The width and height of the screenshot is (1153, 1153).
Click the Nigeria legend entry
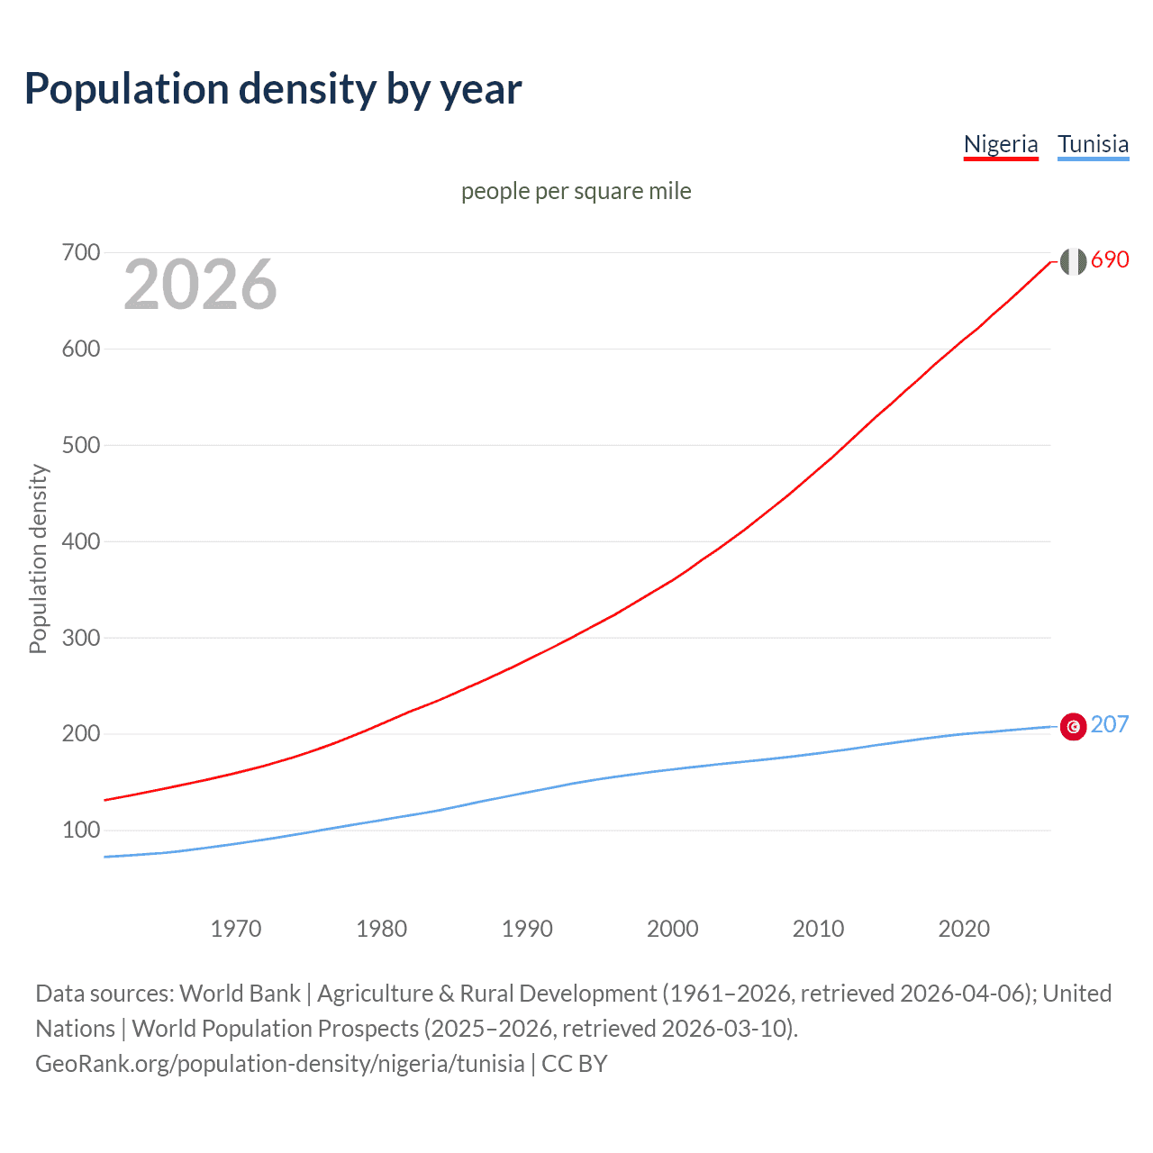tap(1001, 144)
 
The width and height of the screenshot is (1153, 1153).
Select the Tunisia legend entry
tap(1093, 144)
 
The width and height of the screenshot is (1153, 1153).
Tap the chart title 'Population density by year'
tap(273, 89)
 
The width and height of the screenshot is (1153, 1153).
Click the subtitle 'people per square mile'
tap(576, 191)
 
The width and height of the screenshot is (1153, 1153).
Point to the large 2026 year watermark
tap(200, 285)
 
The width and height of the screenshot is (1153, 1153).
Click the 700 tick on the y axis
tap(80, 252)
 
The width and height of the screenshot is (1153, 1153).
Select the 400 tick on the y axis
tap(80, 541)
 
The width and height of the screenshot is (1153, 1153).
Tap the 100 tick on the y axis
tap(80, 830)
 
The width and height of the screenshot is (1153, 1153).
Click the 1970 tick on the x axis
tap(236, 929)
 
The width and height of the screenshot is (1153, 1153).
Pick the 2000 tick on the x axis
tap(673, 929)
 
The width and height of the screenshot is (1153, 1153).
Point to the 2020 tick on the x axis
tap(964, 929)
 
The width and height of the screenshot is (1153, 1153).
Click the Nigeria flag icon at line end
tap(1073, 261)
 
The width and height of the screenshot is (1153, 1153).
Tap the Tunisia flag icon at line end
tap(1073, 726)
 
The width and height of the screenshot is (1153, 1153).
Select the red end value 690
tap(1110, 259)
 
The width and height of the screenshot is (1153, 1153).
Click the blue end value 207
tap(1110, 724)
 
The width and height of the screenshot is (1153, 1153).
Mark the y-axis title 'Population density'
tap(38, 558)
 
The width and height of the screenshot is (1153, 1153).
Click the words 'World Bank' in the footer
tap(240, 994)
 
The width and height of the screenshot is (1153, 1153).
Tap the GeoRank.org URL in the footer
tap(279, 1064)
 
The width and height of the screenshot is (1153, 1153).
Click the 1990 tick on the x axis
tap(527, 929)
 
